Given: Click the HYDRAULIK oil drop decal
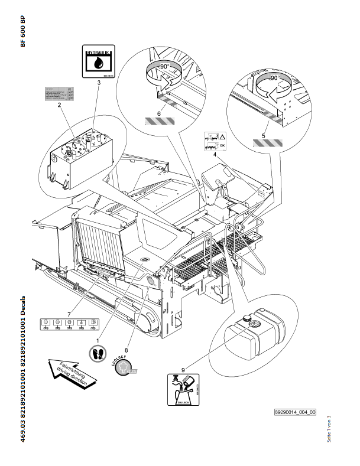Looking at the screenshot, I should tap(99, 61).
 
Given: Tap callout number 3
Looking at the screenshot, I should tap(99, 83).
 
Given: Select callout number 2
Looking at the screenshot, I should tap(60, 105).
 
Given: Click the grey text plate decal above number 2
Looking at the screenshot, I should tap(57, 93).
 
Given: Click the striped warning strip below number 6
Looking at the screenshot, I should tap(159, 122).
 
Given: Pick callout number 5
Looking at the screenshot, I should tap(264, 135).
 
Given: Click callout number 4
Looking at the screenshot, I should tap(215, 155).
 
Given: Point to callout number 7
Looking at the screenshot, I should tap(69, 312).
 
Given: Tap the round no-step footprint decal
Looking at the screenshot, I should tap(98, 353).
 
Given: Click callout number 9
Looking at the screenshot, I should tap(183, 370).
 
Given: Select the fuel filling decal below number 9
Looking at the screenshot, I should tap(183, 392).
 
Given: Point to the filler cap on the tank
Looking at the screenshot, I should tap(255, 324).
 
